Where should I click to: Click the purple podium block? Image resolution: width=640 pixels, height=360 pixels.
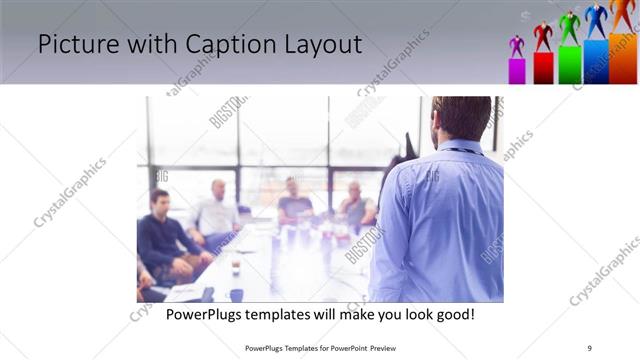pyautogui.click(x=517, y=71)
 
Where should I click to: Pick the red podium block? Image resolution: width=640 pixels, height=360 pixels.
pyautogui.click(x=543, y=68)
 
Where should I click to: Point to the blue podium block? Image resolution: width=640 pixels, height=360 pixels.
pyautogui.click(x=596, y=62)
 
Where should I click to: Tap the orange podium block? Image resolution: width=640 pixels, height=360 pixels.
pyautogui.click(x=624, y=58)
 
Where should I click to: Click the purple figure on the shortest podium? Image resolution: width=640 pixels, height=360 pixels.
pyautogui.click(x=517, y=46)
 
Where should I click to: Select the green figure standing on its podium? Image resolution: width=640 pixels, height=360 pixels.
pyautogui.click(x=569, y=28)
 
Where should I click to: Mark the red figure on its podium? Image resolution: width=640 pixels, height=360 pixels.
pyautogui.click(x=543, y=36)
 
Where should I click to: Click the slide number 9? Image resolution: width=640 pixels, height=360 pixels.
pyautogui.click(x=589, y=348)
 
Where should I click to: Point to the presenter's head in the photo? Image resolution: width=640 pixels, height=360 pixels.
pyautogui.click(x=461, y=118)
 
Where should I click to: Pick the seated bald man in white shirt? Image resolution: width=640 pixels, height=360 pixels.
pyautogui.click(x=217, y=210)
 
